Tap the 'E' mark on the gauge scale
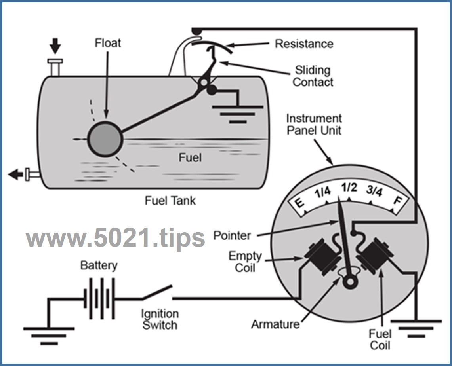[x=299, y=203]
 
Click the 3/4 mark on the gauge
[x=374, y=191]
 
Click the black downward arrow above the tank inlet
[x=55, y=46]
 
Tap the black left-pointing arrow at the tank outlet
[x=16, y=174]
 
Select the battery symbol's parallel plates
[x=99, y=298]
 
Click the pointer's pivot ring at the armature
[x=349, y=282]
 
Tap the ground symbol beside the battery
[x=49, y=334]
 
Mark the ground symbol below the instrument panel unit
[x=415, y=327]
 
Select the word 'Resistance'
[x=304, y=44]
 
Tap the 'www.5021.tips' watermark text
[x=115, y=237]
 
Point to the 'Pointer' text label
[x=232, y=235]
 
